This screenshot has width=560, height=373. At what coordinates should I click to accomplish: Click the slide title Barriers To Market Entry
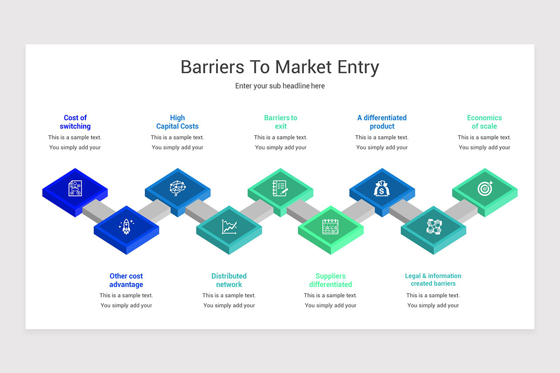[x=280, y=67]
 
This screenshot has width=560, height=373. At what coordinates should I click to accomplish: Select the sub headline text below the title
[x=280, y=86]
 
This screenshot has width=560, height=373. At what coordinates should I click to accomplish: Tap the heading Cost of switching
[x=75, y=122]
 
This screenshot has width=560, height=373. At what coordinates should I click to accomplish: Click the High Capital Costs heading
[x=177, y=122]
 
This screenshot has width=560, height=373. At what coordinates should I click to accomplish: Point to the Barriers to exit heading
[x=280, y=122]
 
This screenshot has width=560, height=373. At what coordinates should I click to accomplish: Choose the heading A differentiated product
[x=382, y=122]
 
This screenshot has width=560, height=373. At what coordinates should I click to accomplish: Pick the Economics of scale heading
[x=484, y=122]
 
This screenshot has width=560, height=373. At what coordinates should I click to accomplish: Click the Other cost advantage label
[x=126, y=280]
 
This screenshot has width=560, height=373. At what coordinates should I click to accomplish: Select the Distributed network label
[x=229, y=280]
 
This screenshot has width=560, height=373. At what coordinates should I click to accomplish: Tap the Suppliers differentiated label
[x=330, y=280]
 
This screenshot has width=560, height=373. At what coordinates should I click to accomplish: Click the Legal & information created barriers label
[x=433, y=280]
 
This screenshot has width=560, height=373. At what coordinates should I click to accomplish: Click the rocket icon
[x=126, y=227]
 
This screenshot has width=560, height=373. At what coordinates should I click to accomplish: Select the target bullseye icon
[x=484, y=189]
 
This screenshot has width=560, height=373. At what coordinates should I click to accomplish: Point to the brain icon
[x=177, y=188]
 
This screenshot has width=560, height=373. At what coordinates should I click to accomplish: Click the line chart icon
[x=229, y=227]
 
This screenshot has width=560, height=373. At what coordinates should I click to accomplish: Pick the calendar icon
[x=330, y=227]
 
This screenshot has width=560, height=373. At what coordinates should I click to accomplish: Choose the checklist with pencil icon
[x=280, y=188]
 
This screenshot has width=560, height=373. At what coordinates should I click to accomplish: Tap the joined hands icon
[x=434, y=227]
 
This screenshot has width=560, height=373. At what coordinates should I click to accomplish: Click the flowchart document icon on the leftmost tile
[x=75, y=188]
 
